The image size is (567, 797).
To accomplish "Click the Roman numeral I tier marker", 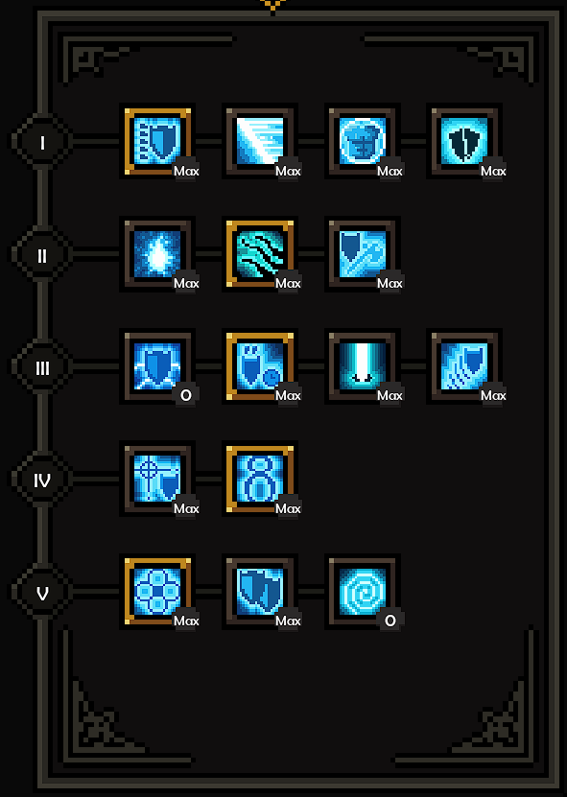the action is coord(42,142).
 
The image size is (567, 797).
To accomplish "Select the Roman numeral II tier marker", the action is coord(42,255).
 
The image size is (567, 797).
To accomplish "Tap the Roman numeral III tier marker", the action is coord(42,367).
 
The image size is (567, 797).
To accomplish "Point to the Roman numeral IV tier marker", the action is coord(42,480).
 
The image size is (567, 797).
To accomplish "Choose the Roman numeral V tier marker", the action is coord(42,593).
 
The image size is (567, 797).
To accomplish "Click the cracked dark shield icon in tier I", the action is coord(464,141).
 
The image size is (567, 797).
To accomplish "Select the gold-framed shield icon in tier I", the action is coord(157,141).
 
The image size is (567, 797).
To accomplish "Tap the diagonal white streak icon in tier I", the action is coord(260,141).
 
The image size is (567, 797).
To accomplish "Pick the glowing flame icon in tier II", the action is coord(157,253).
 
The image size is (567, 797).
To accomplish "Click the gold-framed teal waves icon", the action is coord(260,253).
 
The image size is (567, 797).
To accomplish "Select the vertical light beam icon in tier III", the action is coord(362,366).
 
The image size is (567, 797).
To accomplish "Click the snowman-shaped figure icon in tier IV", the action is coord(260,479).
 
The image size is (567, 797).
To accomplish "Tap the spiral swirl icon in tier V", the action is coord(362,592).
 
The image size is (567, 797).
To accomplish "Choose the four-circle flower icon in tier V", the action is coord(157,592).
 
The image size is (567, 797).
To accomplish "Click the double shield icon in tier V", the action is coord(260,592).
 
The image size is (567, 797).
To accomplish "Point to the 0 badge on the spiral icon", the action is coord(390,621).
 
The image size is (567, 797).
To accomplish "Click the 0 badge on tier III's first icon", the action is coord(185,395).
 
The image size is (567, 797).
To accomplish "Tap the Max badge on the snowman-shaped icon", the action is coord(288,507).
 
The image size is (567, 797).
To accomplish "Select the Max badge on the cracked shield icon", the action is coord(493,171).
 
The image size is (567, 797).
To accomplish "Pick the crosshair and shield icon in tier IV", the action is coord(157,479).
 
